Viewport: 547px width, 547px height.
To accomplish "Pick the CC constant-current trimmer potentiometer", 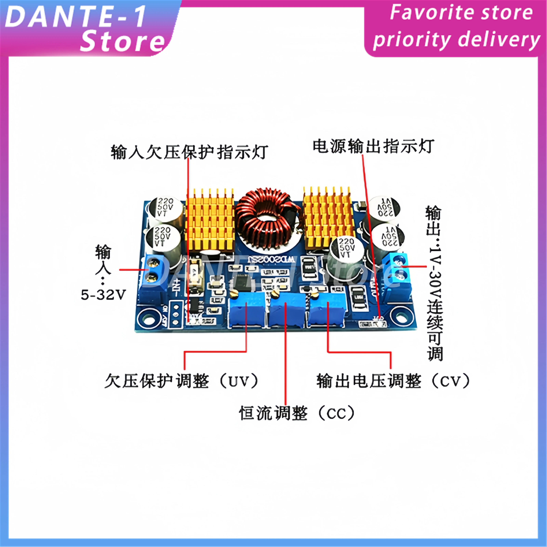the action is click(286, 311).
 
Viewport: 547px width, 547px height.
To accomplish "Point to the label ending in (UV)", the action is click(181, 381).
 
